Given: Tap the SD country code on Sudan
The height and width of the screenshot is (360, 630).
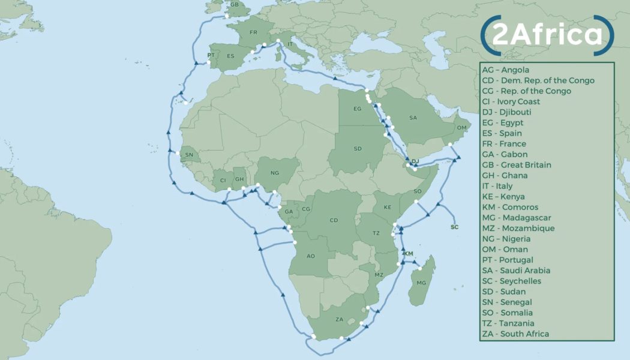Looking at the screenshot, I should click(358, 149).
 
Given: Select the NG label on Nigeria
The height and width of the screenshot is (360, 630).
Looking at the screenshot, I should click(275, 173).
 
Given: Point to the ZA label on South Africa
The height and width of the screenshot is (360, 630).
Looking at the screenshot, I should click(340, 319).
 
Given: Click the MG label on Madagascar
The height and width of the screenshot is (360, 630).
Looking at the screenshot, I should click(421, 283).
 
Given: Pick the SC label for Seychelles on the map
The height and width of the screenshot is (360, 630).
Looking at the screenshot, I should click(454, 227).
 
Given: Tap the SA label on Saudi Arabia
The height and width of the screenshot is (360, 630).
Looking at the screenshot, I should click(413, 118).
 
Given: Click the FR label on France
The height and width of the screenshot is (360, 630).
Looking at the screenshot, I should click(253, 32).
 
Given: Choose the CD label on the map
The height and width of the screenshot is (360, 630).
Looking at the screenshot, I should click(334, 221).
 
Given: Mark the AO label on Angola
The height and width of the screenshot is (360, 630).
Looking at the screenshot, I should click(310, 256).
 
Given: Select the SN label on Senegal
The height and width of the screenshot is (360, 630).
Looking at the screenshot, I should click(190, 155).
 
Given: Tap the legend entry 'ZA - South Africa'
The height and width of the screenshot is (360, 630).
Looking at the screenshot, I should click(515, 334).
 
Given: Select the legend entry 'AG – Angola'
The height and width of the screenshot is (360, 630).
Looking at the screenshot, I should click(505, 70).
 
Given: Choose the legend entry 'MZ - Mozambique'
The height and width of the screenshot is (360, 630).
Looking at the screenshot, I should click(518, 229).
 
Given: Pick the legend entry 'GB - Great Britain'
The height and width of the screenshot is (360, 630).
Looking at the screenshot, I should click(516, 165).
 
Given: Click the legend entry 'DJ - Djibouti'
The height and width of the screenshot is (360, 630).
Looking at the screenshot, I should click(506, 112).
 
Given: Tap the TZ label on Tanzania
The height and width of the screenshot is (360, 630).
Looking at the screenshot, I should click(376, 233).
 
